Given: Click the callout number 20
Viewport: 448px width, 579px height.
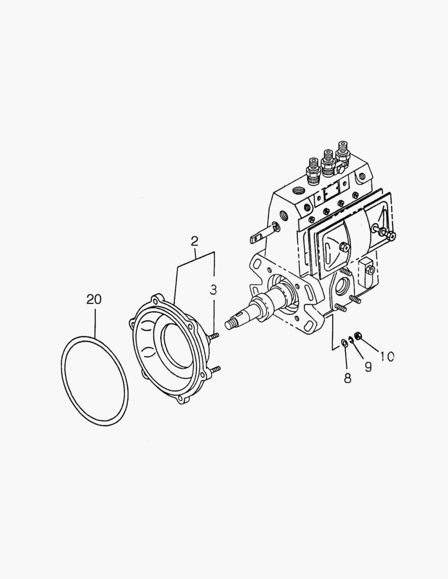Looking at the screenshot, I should (94, 299).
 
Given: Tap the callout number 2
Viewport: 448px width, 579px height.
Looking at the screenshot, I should (195, 241).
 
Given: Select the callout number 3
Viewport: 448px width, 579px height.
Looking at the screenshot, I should (213, 290).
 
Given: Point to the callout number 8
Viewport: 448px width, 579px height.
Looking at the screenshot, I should (348, 378).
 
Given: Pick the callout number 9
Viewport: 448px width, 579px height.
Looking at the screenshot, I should (368, 367).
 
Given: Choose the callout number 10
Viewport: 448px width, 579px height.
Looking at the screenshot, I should (387, 356).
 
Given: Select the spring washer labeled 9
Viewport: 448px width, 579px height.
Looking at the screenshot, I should (351, 338).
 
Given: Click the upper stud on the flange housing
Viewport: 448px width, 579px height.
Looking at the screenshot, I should (214, 336).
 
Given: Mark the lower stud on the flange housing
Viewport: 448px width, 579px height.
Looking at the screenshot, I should (215, 369).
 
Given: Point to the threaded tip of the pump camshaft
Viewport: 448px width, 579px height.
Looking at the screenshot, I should (232, 323).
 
